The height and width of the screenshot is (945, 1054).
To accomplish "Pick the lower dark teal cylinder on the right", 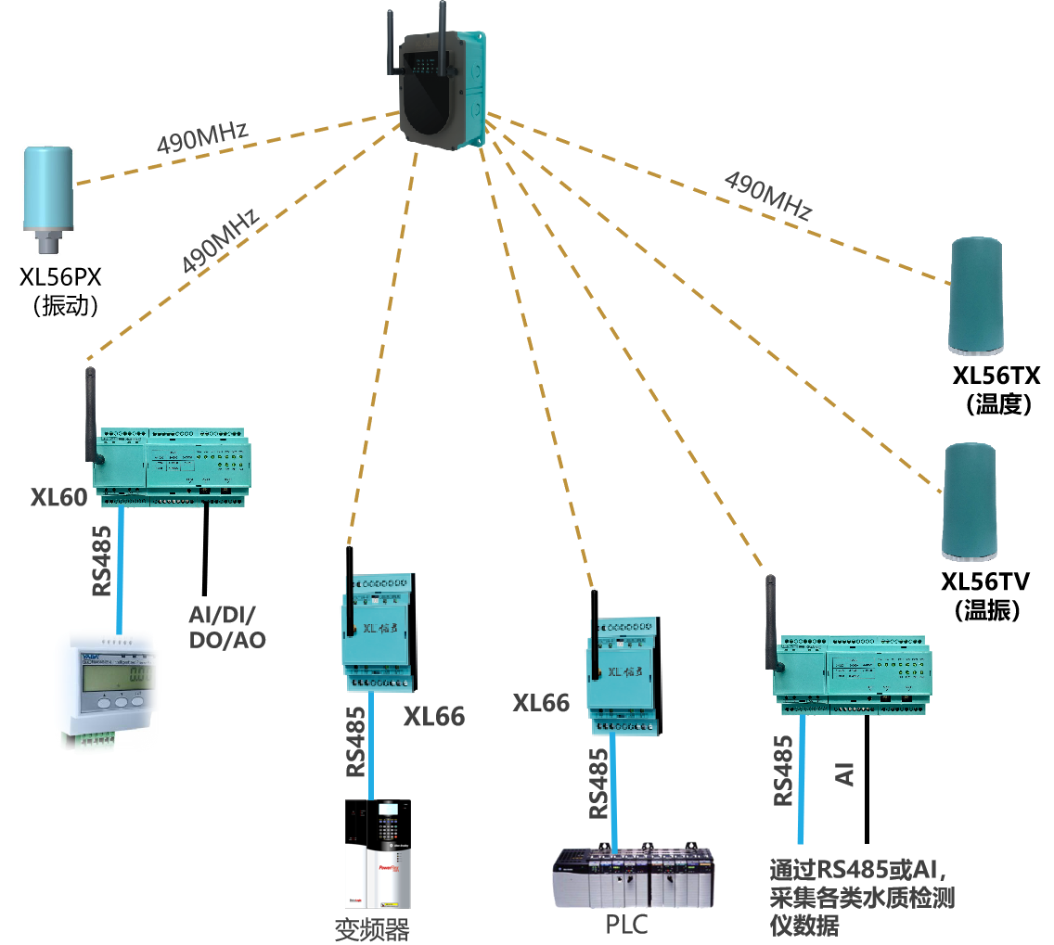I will click(x=970, y=501).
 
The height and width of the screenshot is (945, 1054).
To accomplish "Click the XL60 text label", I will click(x=58, y=498).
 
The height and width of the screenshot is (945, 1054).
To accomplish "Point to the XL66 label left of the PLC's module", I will click(x=541, y=703).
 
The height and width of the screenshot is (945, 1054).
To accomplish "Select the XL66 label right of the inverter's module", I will click(x=433, y=716).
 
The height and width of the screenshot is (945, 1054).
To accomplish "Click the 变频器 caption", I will click(x=371, y=929).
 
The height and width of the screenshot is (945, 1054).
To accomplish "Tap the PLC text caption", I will click(x=626, y=925).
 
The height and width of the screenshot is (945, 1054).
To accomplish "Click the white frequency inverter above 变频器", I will click(x=377, y=853).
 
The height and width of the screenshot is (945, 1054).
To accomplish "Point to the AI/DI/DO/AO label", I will click(x=227, y=628).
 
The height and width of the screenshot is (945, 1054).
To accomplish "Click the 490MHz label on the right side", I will click(x=767, y=196).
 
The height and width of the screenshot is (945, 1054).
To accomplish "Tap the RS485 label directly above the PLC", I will click(x=599, y=784).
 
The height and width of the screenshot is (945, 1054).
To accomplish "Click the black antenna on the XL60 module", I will click(x=92, y=413).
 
